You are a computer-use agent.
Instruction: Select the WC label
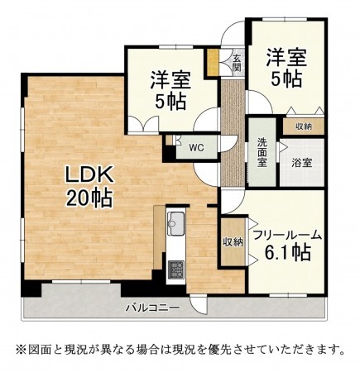[196, 148]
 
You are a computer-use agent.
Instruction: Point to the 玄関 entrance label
[237, 64]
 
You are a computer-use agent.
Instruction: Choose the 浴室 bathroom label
[301, 163]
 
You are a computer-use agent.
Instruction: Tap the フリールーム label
[286, 235]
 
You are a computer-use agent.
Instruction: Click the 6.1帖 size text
[287, 254]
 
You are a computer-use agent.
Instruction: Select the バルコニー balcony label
[152, 308]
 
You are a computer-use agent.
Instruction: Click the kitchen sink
[176, 222]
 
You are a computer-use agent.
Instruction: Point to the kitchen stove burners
[176, 268]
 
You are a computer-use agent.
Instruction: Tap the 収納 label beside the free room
[233, 241]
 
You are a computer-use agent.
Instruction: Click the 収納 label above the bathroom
[303, 126]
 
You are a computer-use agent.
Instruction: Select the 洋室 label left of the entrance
[170, 81]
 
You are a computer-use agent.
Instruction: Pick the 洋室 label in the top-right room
[286, 58]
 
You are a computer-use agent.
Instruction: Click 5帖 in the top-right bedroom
[286, 80]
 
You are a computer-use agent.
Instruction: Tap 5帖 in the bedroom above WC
[170, 103]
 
